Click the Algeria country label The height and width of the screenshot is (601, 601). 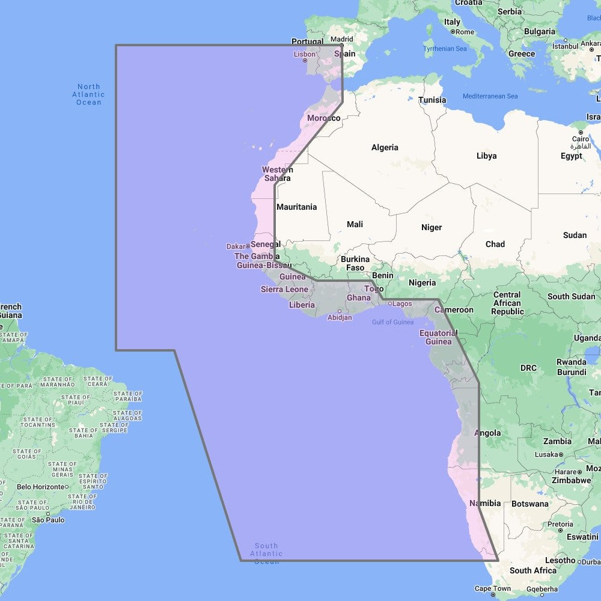385,147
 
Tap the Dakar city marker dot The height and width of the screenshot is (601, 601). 248,246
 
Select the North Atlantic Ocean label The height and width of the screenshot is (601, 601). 88,95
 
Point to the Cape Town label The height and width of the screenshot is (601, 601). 492,588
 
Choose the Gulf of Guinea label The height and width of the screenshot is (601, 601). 392,322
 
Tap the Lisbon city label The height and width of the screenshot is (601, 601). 304,54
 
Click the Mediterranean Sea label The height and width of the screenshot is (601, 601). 490,96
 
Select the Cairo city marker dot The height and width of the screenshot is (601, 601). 581,132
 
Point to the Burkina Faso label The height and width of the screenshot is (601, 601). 355,263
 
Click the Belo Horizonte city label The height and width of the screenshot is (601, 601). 40,487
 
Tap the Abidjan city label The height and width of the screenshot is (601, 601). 340,317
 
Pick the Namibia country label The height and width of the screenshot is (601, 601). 485,503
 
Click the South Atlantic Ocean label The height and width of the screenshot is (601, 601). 266,554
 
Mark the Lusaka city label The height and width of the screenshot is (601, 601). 547,454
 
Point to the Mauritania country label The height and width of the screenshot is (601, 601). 296,207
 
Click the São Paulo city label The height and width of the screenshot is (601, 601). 48,519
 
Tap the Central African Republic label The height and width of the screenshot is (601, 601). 508,303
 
